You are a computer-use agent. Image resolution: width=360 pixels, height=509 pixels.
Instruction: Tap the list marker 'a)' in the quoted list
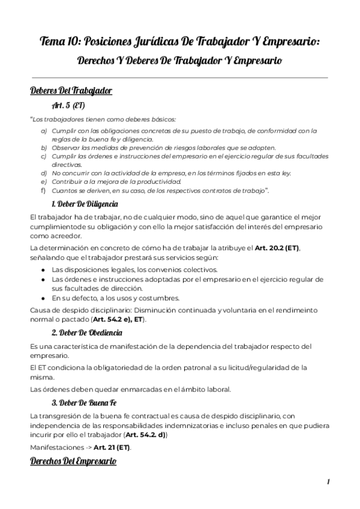(x=44, y=130)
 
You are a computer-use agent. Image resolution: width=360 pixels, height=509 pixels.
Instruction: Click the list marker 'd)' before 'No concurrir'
(x=44, y=173)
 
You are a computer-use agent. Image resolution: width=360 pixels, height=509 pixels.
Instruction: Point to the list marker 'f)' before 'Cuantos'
(x=43, y=190)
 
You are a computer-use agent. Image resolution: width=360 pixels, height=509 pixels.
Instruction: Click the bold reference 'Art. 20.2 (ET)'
(x=277, y=248)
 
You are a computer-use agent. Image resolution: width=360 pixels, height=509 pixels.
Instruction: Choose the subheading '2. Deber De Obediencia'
(x=86, y=333)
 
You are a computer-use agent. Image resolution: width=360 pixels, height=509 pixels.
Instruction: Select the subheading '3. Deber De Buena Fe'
(x=83, y=402)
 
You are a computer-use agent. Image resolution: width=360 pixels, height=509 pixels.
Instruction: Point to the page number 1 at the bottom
(x=329, y=482)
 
